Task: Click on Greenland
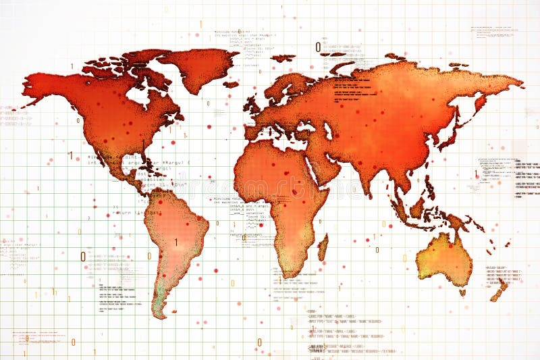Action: (x=199, y=68)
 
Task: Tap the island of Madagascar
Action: (x=323, y=247)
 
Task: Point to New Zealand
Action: (x=500, y=290)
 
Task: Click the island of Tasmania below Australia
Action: (x=462, y=292)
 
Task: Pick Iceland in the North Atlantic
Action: (x=231, y=85)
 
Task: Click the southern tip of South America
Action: (x=159, y=315)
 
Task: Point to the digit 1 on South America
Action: (x=176, y=242)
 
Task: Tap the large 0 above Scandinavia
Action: (x=318, y=47)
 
